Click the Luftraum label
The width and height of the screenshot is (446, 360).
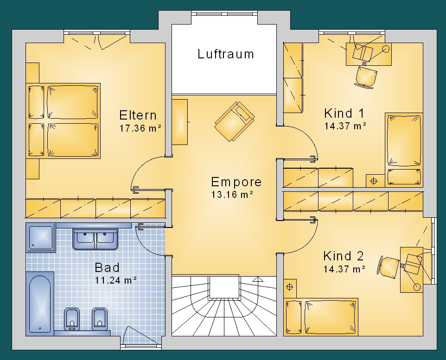click(x=226, y=54)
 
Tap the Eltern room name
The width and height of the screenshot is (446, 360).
click(x=138, y=115)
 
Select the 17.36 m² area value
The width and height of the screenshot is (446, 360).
click(x=140, y=128)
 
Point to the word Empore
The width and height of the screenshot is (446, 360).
click(x=236, y=182)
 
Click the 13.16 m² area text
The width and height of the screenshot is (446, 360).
click(x=232, y=195)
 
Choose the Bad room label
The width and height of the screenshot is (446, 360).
click(x=107, y=268)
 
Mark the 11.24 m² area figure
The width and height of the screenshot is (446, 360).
click(x=115, y=280)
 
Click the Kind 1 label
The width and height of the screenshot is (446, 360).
click(x=344, y=113)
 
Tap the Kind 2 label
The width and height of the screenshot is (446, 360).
click(x=344, y=256)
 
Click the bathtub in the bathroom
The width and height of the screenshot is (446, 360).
click(x=40, y=303)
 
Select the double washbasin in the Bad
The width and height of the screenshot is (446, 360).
click(x=96, y=239)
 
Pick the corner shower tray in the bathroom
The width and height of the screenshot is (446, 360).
click(x=41, y=238)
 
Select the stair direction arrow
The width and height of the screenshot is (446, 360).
click(x=257, y=279)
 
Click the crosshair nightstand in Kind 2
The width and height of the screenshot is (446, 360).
click(x=290, y=287)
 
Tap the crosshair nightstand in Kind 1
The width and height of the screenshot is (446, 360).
click(x=374, y=181)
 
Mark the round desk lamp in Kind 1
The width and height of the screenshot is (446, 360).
click(x=386, y=49)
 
